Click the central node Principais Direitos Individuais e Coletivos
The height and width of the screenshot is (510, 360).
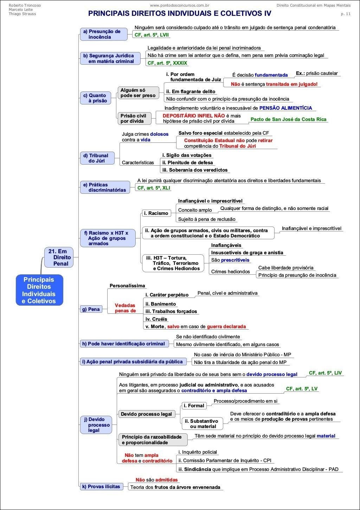click(39, 290)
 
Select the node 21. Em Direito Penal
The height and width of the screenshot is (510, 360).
click(59, 257)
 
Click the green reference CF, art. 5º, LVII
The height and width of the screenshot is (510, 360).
click(152, 35)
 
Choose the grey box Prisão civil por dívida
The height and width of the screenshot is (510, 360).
click(134, 118)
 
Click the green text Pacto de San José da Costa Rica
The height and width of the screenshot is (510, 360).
click(288, 119)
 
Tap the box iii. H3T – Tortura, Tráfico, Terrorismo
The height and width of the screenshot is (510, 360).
click(173, 263)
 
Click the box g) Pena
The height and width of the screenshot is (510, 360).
click(91, 309)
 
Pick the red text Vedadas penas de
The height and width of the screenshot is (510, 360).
click(125, 308)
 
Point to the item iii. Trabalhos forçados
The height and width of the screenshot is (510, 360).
click(171, 312)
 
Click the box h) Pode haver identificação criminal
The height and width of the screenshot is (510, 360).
click(124, 344)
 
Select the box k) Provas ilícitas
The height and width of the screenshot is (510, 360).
click(101, 486)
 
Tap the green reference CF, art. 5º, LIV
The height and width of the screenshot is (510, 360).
click(325, 373)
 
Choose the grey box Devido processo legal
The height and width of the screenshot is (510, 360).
click(146, 414)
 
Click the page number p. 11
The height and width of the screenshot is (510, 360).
click(346, 14)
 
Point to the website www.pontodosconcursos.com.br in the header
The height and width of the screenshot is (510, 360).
click(180, 5)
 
